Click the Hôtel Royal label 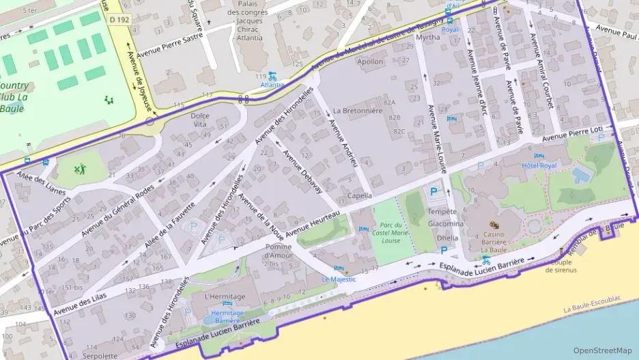coord(539,165)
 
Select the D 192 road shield coord(120,20)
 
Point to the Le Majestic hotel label coord(339,279)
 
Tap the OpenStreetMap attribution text coord(603,350)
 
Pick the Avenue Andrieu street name coord(343,143)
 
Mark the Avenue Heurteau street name coord(313,225)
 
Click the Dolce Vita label coord(200,120)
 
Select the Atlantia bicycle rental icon coord(272,77)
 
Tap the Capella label coord(360,195)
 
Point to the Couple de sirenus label coord(561,266)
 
